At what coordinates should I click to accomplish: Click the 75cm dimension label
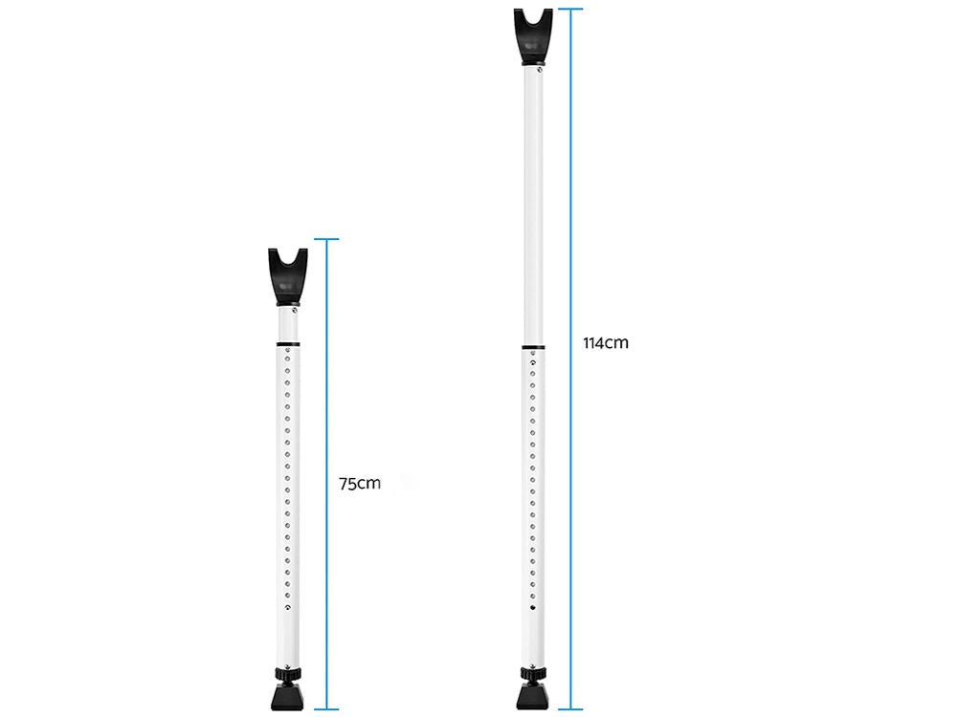pos(360,484)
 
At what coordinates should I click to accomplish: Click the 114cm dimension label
pos(606,342)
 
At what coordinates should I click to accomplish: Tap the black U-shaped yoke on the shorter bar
pos(287,276)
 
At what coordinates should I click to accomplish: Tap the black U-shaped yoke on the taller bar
pos(533,36)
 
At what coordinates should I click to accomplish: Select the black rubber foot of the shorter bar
pos(287,696)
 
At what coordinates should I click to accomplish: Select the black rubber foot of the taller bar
pos(533,696)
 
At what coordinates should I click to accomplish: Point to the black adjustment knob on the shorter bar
pos(287,674)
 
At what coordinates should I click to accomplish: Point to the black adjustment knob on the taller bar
pos(533,674)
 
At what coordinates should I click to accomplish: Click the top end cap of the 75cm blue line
pos(326,239)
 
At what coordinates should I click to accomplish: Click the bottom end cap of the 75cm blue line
pos(326,709)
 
